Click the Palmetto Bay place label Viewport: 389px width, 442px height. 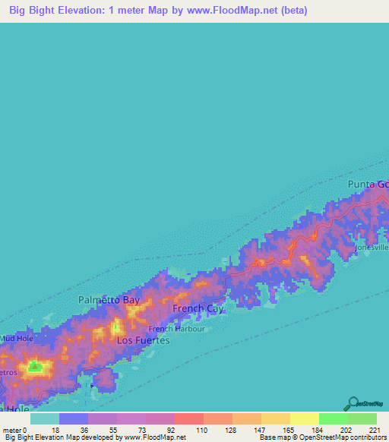(110, 300)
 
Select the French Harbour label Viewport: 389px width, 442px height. (176, 329)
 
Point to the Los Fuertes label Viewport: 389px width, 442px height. (143, 341)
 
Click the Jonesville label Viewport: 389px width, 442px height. (371, 248)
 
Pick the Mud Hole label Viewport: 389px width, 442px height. (15, 338)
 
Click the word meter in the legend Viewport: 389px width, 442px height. (11, 430)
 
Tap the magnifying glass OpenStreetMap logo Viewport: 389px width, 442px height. (353, 403)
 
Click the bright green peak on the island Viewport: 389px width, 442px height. (35, 368)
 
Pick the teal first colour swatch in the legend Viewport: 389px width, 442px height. (45, 418)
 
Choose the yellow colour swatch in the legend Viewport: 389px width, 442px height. (304, 418)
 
